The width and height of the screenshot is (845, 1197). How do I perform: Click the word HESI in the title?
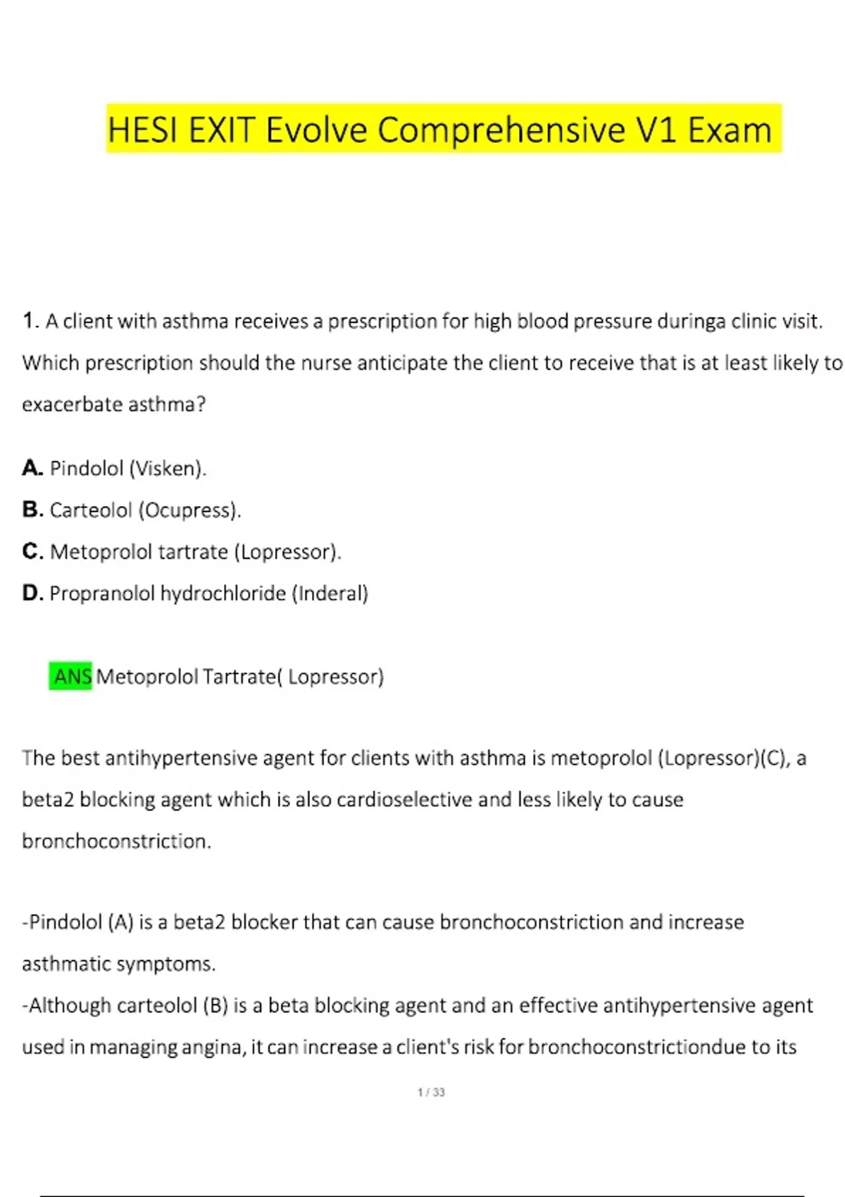pos(143,130)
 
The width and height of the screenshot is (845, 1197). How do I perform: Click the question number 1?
pos(29,321)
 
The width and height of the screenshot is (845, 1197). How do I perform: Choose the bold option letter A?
pos(32,468)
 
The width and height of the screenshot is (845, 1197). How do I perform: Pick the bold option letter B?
pos(32,510)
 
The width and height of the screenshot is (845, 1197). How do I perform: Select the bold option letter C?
pos(32,551)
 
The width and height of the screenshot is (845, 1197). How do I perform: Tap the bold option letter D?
pos(32,593)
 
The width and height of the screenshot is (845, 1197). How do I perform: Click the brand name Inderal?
pos(330,594)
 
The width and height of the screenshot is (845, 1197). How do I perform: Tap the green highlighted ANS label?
pos(71,677)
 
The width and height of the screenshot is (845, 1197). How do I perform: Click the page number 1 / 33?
pos(431,1092)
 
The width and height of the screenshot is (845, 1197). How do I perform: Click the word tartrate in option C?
pos(192,552)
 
